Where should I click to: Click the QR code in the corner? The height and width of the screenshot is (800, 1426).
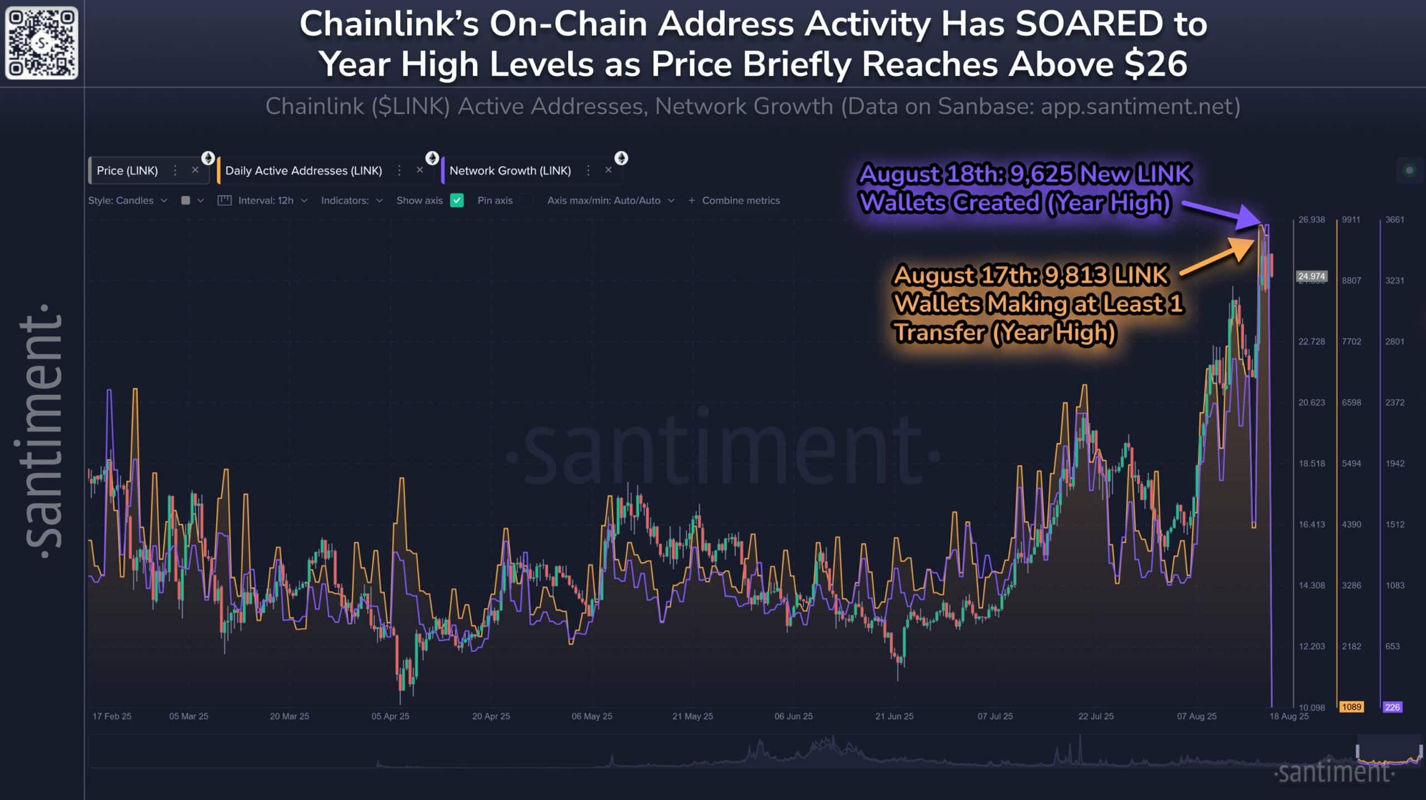coord(42,42)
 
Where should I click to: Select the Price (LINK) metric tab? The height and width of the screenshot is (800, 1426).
coord(127,171)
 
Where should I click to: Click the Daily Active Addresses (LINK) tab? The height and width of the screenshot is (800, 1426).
coord(304,171)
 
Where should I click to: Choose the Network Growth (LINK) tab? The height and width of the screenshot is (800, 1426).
coord(510,171)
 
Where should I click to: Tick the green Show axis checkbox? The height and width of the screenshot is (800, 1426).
coord(457,201)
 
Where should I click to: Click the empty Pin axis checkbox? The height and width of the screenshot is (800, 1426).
coord(526,201)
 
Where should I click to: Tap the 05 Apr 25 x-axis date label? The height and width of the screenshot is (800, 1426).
coord(390,716)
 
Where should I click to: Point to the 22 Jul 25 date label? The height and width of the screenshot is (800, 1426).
coord(1096,716)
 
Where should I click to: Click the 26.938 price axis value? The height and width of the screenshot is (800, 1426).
coord(1311,220)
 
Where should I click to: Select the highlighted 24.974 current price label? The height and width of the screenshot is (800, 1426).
coord(1311,277)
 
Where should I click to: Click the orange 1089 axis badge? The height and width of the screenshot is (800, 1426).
coord(1351,707)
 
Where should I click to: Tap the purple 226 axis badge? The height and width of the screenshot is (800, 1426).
coord(1392,707)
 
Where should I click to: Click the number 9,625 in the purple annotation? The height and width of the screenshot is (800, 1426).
coord(1041,174)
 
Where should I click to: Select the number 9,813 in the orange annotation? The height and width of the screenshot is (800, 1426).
coord(1075,275)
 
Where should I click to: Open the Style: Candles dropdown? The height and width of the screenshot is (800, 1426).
coord(127,201)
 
